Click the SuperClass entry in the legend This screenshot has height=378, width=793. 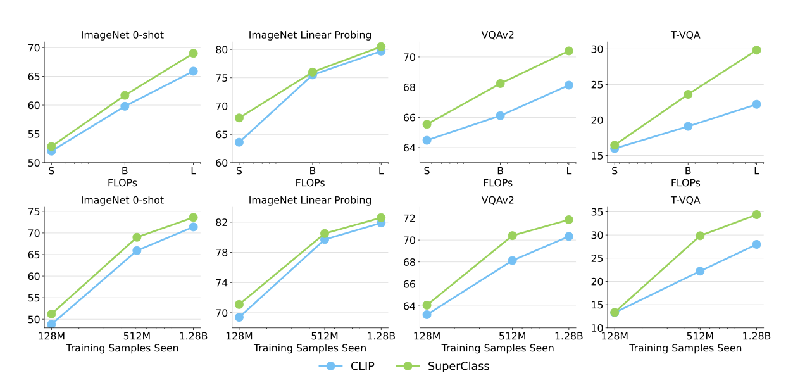pos(458,366)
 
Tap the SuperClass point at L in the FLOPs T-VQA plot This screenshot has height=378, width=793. pos(756,50)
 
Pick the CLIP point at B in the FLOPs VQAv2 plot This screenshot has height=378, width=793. pos(500,116)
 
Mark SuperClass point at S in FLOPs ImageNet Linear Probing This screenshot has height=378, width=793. pos(239,118)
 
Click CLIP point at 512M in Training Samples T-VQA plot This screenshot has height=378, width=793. pos(700,271)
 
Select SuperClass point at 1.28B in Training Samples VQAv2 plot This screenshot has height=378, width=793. pos(569,220)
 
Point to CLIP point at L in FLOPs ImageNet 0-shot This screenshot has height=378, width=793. pos(193,71)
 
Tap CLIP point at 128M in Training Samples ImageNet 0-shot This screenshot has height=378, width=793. pos(51,324)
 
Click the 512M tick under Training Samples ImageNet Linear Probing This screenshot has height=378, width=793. pos(324,336)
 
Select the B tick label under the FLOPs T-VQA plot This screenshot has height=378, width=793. pos(688,171)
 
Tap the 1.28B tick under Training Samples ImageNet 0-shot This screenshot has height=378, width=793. pos(192,336)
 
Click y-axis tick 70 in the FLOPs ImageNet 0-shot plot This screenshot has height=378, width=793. pos(33,48)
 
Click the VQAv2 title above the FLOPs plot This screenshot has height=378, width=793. pos(497,35)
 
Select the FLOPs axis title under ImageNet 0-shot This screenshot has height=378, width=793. pos(122,183)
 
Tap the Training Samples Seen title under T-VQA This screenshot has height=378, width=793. pos(685,348)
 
